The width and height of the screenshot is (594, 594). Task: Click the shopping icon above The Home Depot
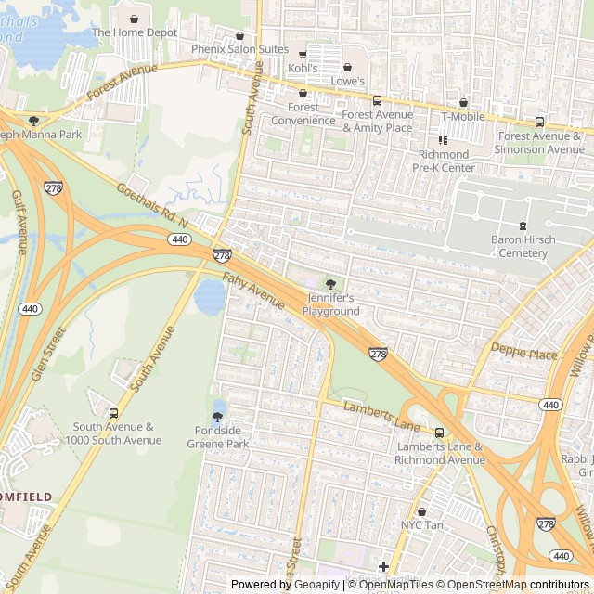click(x=135, y=19)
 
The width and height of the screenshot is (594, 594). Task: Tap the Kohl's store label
click(x=303, y=69)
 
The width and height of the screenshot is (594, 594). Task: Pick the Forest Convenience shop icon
click(x=303, y=94)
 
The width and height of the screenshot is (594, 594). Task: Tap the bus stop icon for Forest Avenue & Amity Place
click(x=377, y=101)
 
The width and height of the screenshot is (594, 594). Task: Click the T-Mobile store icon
click(x=463, y=103)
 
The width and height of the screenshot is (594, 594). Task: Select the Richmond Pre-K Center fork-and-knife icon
click(x=443, y=141)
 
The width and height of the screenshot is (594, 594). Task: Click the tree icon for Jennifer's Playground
click(x=330, y=284)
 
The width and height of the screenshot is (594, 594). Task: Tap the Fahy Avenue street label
click(x=253, y=293)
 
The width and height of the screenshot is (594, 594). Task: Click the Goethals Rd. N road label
click(x=152, y=206)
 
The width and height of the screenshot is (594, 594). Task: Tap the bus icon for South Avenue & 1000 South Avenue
click(x=114, y=413)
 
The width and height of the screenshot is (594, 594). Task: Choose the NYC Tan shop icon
click(x=421, y=511)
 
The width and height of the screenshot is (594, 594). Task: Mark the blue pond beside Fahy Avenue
click(x=210, y=296)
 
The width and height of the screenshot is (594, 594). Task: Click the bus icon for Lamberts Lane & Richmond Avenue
click(x=440, y=433)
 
